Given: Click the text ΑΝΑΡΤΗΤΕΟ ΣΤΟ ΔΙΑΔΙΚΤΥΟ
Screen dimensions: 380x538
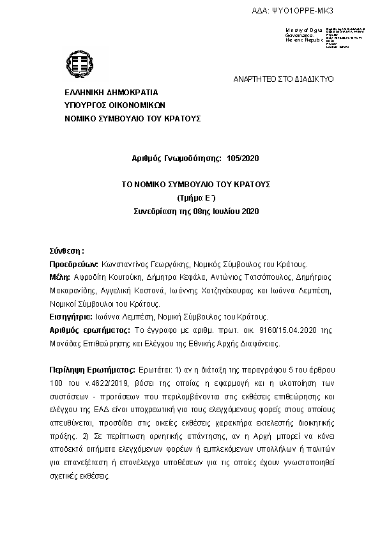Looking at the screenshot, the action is (283, 79).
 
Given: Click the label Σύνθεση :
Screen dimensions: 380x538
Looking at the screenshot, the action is (67, 250).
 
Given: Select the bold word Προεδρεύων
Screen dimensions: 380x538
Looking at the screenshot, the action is (73, 264).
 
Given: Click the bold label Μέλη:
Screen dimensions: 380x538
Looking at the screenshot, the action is (60, 277).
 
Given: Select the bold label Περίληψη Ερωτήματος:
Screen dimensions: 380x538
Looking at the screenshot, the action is (93, 371).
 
